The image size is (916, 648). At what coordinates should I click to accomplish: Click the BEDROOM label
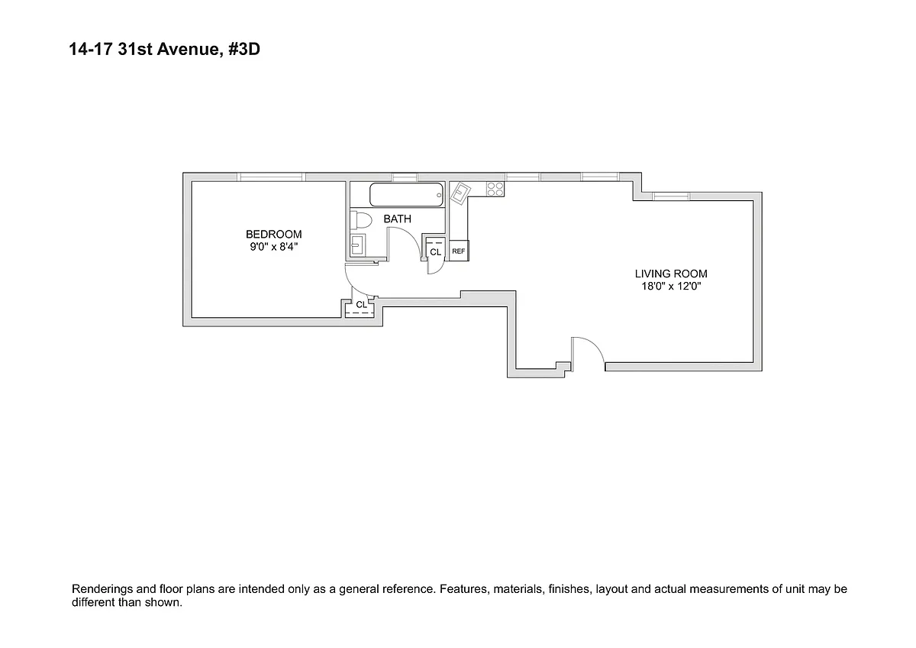(273, 234)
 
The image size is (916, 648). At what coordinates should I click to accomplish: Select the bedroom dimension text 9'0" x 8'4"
(273, 247)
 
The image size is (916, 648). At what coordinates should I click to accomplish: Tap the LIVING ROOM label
(671, 274)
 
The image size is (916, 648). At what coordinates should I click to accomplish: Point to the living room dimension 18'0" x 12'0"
(671, 287)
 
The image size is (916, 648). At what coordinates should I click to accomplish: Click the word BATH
(397, 219)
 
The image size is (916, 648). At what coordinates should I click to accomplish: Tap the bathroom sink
(358, 245)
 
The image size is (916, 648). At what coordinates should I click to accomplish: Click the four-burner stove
(495, 189)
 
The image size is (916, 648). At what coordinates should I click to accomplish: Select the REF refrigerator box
(459, 251)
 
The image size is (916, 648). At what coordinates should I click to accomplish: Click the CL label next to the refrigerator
(435, 251)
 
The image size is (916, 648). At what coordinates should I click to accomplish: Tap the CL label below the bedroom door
(361, 305)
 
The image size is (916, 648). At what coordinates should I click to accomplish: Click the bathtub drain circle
(440, 196)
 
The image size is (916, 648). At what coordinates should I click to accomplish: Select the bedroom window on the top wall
(271, 177)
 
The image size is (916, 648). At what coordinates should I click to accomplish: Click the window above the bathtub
(405, 177)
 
